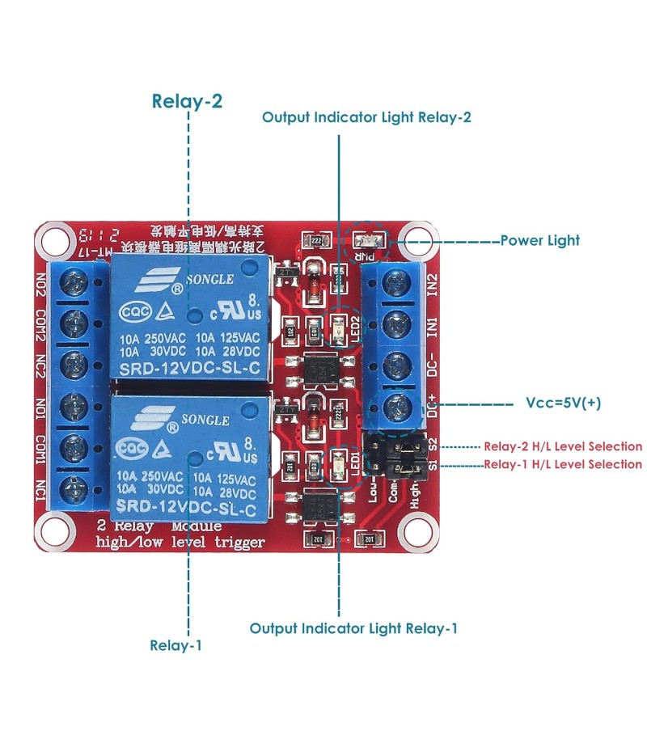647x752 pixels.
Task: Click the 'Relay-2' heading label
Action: pyautogui.click(x=187, y=101)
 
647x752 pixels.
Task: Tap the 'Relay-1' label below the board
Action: pyautogui.click(x=175, y=645)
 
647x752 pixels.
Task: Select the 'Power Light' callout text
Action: pyautogui.click(x=539, y=240)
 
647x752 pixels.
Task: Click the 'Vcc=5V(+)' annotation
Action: pyautogui.click(x=563, y=403)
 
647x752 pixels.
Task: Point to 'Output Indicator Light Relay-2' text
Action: pyautogui.click(x=366, y=117)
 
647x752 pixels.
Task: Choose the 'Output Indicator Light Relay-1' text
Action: pyautogui.click(x=353, y=627)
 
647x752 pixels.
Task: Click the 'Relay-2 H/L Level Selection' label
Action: pyautogui.click(x=563, y=446)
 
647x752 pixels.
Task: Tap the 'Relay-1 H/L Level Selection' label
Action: pyautogui.click(x=563, y=464)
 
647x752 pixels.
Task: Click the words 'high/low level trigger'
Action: pyautogui.click(x=180, y=543)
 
